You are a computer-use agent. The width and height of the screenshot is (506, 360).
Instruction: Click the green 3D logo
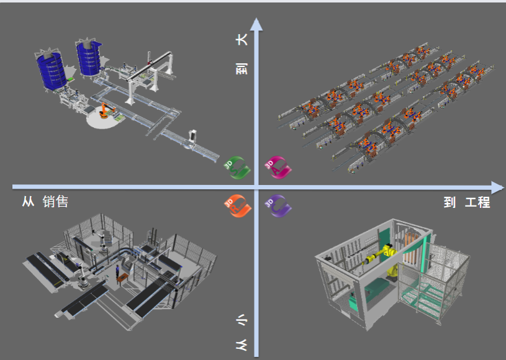click(237, 168)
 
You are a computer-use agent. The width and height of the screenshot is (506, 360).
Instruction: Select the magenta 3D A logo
click(278, 168)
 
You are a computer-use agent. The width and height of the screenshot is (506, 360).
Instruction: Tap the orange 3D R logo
click(238, 206)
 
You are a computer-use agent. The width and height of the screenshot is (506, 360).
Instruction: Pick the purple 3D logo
click(278, 206)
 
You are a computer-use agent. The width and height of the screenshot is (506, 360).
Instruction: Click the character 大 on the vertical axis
click(242, 39)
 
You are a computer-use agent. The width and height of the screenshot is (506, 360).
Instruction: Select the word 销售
click(55, 202)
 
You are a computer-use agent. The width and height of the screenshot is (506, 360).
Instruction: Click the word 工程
click(477, 202)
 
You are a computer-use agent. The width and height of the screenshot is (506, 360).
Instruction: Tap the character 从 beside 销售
click(28, 202)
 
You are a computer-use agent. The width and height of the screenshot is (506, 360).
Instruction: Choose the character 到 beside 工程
click(450, 202)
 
